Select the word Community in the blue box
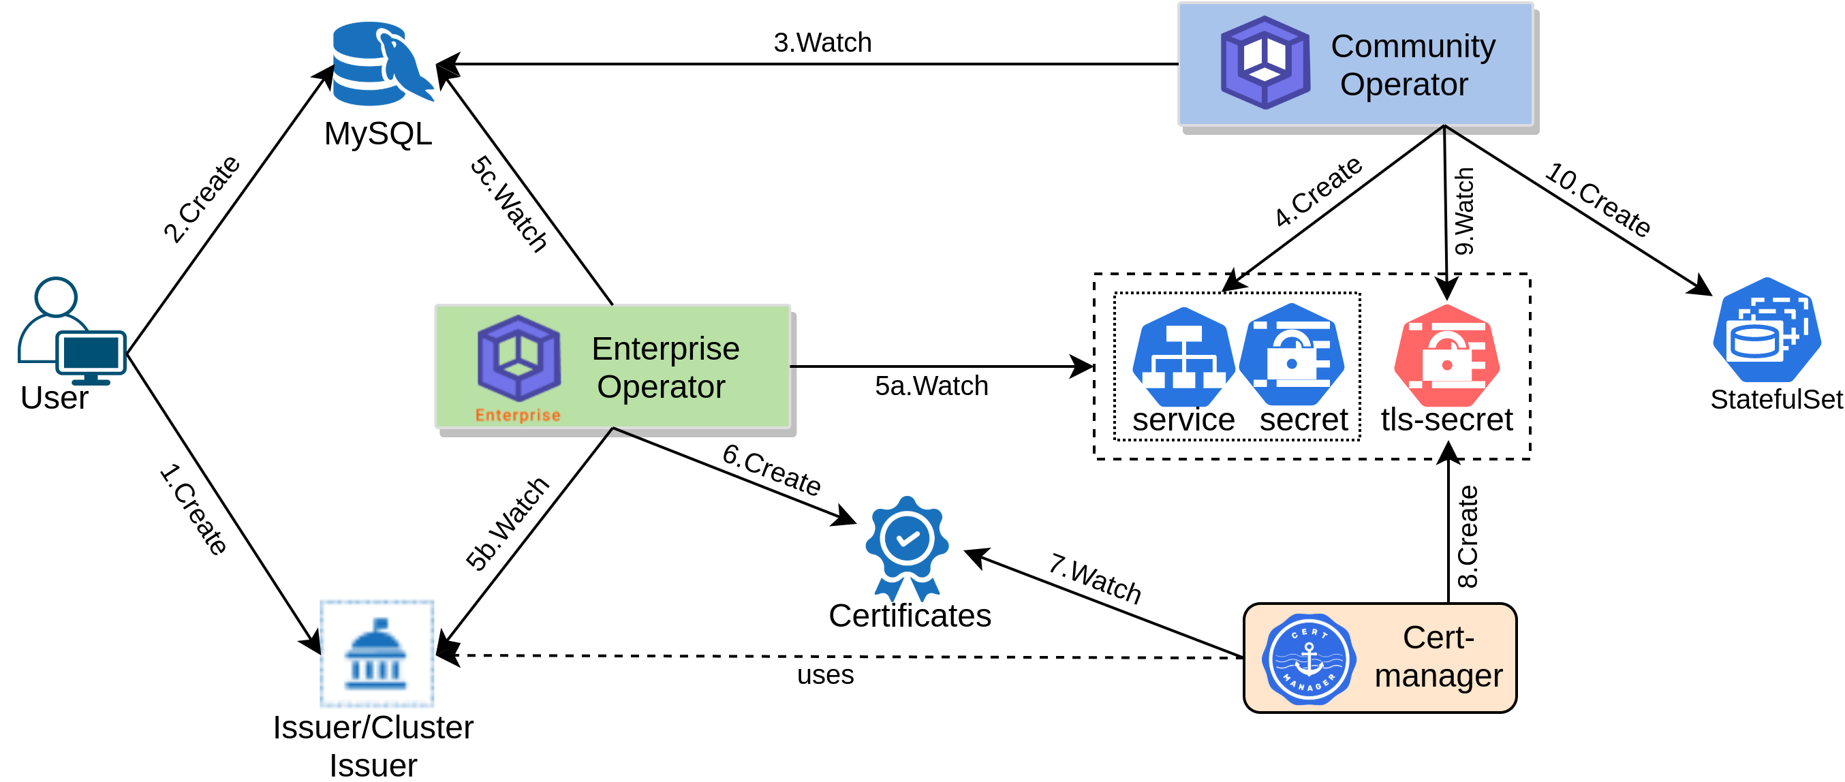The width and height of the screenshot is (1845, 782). [x=1412, y=46]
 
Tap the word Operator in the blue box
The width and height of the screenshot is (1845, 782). [x=1404, y=84]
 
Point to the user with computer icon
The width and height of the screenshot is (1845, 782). [x=72, y=331]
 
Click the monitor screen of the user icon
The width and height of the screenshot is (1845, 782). [x=91, y=352]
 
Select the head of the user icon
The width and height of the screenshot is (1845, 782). [x=56, y=296]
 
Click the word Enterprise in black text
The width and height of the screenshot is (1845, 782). [x=666, y=349]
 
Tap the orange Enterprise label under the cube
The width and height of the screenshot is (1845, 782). [x=518, y=416]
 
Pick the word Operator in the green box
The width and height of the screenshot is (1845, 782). [x=661, y=387]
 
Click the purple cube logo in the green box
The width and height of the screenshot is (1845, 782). [x=518, y=358]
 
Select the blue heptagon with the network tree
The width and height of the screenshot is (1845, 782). [x=1183, y=358]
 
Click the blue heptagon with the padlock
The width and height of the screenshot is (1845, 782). [x=1292, y=355]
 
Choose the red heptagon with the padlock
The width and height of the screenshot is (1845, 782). [x=1447, y=356]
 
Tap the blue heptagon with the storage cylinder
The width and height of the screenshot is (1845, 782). [x=1766, y=330]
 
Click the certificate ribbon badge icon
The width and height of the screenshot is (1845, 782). [x=907, y=548]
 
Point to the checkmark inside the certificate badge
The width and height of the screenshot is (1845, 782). [x=908, y=538]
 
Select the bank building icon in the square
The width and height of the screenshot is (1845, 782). [x=377, y=654]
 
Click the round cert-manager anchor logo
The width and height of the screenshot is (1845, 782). [x=1309, y=659]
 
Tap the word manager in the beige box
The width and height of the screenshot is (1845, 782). [x=1438, y=676]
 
